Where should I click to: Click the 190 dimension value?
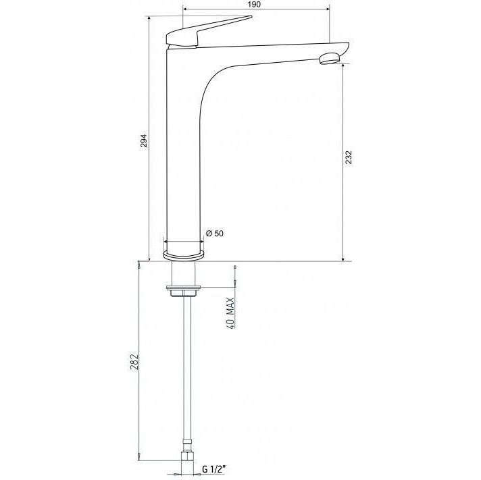click(253, 4)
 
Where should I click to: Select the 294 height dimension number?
click(144, 140)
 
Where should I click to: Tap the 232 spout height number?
click(349, 157)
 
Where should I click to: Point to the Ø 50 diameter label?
click(215, 234)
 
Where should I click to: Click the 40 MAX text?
click(231, 313)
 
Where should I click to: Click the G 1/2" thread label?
click(213, 469)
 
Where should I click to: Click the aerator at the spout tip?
click(330, 58)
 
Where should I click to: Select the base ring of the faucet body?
click(184, 255)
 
